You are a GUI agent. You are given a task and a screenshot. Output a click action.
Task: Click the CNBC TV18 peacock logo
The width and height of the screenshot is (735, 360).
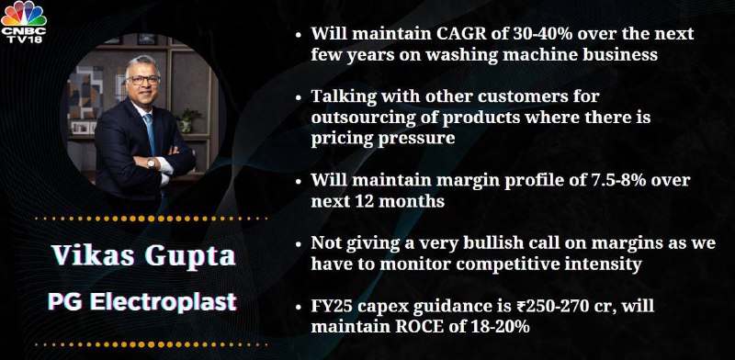[x=24, y=22]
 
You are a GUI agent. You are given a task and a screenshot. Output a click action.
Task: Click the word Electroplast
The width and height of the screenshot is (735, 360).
[x=164, y=302]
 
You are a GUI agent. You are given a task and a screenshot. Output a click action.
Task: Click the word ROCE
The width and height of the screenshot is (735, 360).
[x=419, y=327]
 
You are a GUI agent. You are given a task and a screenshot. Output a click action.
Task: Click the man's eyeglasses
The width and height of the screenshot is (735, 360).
[x=142, y=80]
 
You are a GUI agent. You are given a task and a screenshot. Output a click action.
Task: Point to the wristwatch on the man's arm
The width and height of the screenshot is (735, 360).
[x=151, y=163]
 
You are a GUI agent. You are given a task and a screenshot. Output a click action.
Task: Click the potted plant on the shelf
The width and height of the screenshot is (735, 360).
[x=187, y=119]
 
